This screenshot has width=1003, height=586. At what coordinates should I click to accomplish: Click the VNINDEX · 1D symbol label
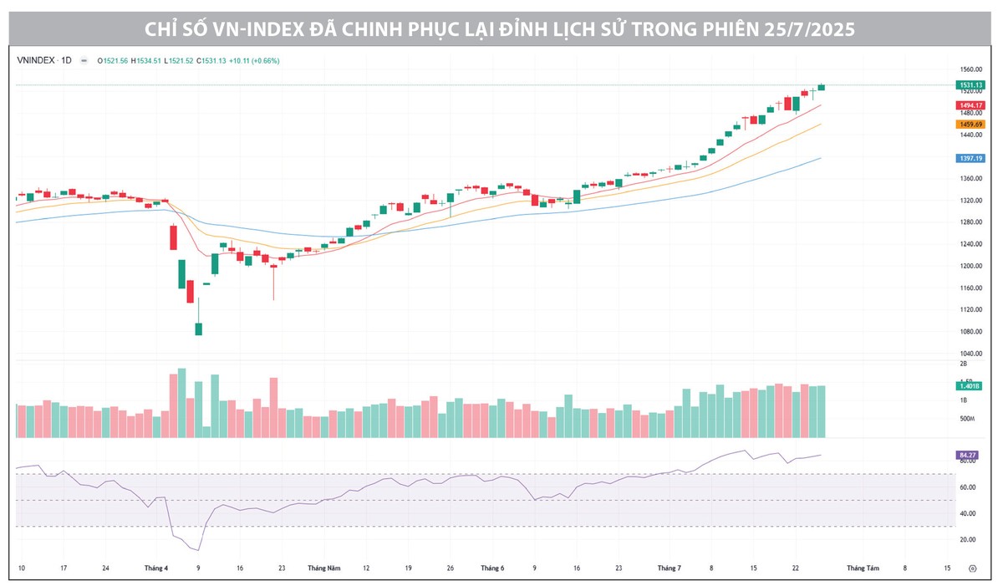[44, 60]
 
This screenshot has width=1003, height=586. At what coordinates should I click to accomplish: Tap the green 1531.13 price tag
[971, 85]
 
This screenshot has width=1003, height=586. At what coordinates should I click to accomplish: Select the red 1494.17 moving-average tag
[971, 105]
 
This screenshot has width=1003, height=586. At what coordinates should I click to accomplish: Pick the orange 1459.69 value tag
[971, 125]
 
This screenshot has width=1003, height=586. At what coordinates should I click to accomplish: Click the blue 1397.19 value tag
[971, 158]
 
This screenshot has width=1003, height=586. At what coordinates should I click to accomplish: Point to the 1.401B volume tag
[971, 386]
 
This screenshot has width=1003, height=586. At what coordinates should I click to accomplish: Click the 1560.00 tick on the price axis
[970, 69]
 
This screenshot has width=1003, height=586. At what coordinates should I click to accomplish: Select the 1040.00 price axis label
[970, 354]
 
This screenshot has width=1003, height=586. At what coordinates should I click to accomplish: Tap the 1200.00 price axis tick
[970, 266]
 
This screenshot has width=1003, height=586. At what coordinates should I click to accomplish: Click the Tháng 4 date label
[155, 568]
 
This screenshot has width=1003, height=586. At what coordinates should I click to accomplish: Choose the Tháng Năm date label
[323, 568]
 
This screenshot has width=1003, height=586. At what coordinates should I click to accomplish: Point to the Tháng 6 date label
[492, 568]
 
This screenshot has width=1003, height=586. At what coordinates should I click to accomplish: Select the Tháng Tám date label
[863, 568]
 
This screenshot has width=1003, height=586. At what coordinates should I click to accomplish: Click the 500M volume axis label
[966, 419]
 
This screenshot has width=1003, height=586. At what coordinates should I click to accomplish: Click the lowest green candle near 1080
[198, 329]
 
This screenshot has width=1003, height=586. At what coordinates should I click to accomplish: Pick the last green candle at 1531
[822, 87]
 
